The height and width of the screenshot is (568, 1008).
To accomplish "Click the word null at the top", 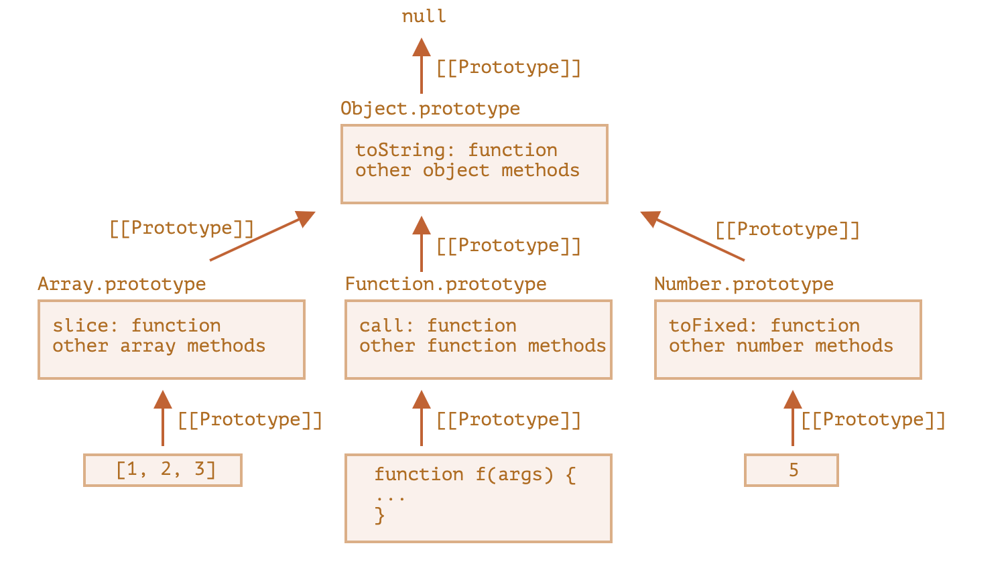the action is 424,16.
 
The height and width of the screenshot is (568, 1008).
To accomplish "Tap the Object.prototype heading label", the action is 430,109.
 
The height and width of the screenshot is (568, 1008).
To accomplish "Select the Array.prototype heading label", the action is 122,284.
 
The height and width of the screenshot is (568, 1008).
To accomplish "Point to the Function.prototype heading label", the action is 446,284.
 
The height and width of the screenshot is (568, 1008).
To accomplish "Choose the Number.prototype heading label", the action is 744,284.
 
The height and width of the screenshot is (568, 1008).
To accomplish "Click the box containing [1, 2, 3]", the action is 163,470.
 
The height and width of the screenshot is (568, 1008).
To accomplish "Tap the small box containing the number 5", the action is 792,470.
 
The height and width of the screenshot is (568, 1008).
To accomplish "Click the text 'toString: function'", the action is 456,150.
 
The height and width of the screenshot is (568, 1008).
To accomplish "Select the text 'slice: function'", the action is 137,325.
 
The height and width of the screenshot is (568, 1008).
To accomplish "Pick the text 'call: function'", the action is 438,325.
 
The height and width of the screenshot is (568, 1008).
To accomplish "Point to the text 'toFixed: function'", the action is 764,325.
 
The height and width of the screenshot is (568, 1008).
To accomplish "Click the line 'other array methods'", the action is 159,346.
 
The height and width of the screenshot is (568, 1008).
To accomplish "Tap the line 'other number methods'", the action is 781,346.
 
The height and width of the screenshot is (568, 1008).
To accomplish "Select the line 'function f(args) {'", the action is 475,474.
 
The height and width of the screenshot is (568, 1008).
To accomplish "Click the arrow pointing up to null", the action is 422,66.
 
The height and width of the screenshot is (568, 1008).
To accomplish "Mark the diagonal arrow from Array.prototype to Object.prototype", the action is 262,236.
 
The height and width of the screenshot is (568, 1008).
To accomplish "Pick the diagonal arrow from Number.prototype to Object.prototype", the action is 692,236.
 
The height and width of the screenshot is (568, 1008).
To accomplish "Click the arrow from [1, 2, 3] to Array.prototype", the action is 163,418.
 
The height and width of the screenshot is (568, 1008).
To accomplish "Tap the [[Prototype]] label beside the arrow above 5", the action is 873,420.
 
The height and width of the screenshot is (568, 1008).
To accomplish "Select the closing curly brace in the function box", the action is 379,515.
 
